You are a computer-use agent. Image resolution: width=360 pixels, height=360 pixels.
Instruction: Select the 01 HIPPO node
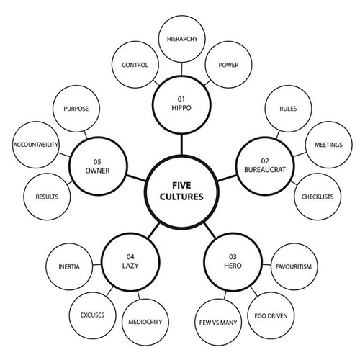coord(181,104)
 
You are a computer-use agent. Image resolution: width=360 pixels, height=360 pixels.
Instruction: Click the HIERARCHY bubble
coord(181,37)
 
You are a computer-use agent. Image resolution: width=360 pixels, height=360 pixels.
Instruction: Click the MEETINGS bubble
coord(328,145)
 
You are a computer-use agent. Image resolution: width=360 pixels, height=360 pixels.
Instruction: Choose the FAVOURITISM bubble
coord(292,266)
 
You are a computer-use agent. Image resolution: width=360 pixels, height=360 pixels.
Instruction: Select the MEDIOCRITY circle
coord(143,320)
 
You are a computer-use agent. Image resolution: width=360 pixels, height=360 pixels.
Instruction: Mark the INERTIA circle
coord(68,266)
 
